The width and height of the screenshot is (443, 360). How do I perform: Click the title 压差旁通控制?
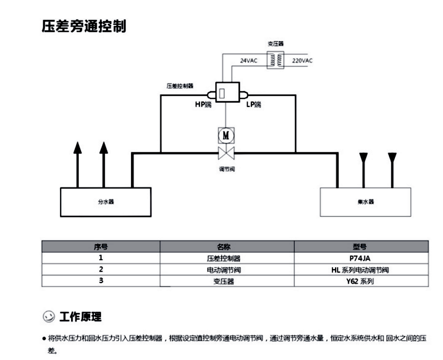click(x=84, y=26)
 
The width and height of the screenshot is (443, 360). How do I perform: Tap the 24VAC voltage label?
click(x=248, y=61)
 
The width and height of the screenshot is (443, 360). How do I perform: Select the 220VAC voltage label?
click(x=302, y=61)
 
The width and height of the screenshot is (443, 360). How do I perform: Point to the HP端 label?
click(x=204, y=105)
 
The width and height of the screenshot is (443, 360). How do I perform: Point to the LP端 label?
click(x=253, y=105)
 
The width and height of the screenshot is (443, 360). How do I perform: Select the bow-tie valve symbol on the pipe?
click(x=226, y=154)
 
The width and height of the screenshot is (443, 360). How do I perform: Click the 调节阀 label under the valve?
click(x=227, y=169)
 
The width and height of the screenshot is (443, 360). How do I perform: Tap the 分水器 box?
click(x=106, y=202)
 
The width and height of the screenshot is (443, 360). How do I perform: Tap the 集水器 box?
click(x=365, y=202)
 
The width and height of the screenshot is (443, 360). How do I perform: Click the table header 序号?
click(x=101, y=247)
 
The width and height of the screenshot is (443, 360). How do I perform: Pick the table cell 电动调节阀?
click(x=227, y=269)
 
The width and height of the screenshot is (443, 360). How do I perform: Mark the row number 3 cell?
click(x=101, y=281)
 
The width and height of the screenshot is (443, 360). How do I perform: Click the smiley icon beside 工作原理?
click(x=48, y=316)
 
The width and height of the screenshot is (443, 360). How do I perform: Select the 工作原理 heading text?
click(x=80, y=316)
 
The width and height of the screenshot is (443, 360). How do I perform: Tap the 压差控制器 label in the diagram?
click(x=180, y=86)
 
